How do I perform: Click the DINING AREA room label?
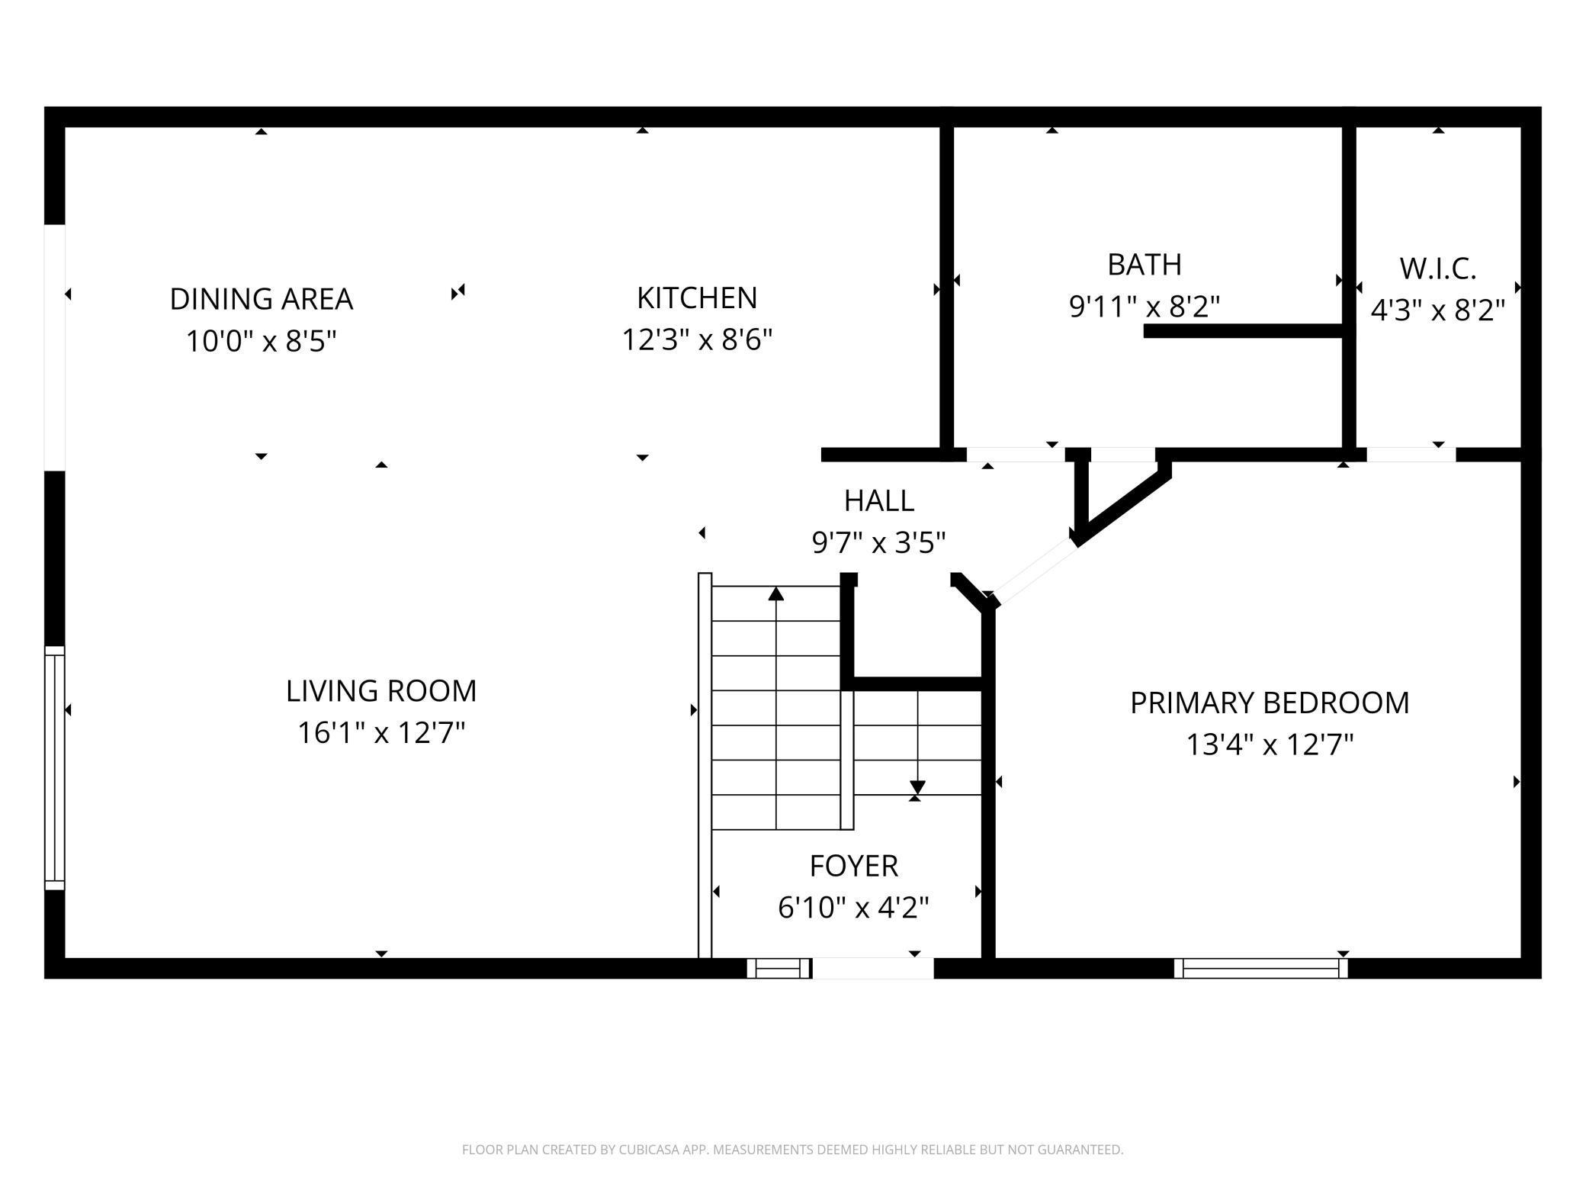(261, 299)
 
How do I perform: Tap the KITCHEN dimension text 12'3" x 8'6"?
(697, 339)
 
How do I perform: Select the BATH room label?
(1144, 265)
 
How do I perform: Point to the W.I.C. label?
(1437, 269)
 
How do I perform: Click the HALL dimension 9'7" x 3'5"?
(878, 543)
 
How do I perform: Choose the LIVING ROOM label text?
(381, 691)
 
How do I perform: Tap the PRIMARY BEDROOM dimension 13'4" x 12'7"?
(1269, 745)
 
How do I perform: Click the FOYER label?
(853, 866)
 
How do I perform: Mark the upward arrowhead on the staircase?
(775, 593)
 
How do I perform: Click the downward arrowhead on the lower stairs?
(917, 787)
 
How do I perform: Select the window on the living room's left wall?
(55, 767)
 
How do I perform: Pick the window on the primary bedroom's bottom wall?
(1260, 968)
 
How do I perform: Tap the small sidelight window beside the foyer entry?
(778, 969)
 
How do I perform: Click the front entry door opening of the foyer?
(873, 968)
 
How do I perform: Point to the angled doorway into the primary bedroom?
(1034, 571)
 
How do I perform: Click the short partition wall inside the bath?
(1243, 331)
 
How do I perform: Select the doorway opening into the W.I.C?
(1411, 455)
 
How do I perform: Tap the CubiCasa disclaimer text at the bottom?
(792, 1150)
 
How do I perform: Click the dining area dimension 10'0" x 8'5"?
(261, 341)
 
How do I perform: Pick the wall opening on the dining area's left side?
(55, 347)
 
